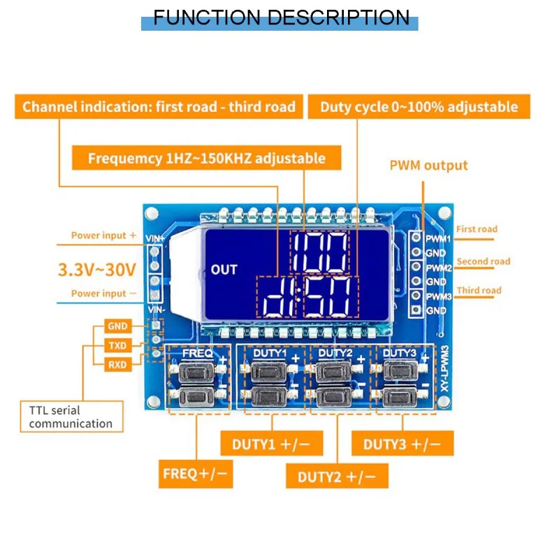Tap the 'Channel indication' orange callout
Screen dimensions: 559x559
[x=159, y=107]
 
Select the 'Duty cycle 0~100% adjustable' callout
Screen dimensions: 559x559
[x=419, y=107]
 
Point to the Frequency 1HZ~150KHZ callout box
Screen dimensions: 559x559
[x=207, y=158]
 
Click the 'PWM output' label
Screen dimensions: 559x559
[x=428, y=166]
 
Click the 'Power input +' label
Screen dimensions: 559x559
[x=103, y=235]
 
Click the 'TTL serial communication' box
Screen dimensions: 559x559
[x=71, y=416]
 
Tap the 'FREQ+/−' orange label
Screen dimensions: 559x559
[x=196, y=474]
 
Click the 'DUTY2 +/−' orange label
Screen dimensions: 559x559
[x=337, y=477]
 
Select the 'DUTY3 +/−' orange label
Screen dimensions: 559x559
[x=402, y=444]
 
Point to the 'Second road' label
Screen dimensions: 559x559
[x=484, y=262]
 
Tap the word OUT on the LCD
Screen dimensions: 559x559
[x=224, y=270]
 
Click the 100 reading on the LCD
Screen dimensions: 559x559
[x=319, y=252]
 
